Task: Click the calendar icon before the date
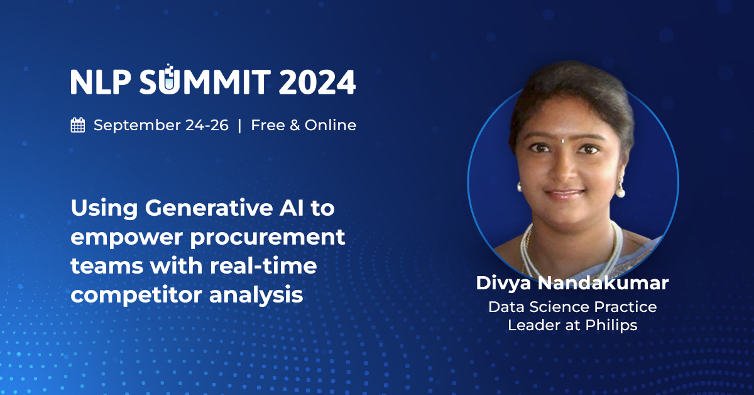[78, 125]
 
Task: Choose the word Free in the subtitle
[266, 125]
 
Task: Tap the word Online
[331, 125]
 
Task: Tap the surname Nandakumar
[604, 283]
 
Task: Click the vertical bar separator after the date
[239, 125]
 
